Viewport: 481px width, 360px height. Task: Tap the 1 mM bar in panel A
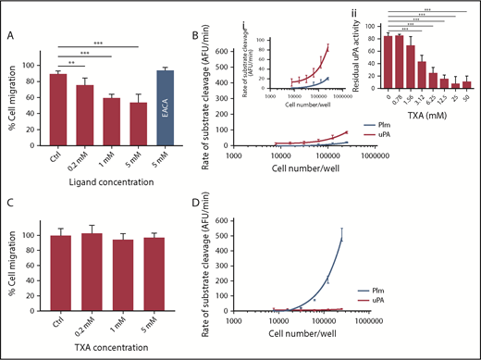click(111, 132)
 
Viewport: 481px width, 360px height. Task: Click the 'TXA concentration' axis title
click(97, 353)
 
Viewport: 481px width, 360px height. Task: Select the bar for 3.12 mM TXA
click(422, 79)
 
